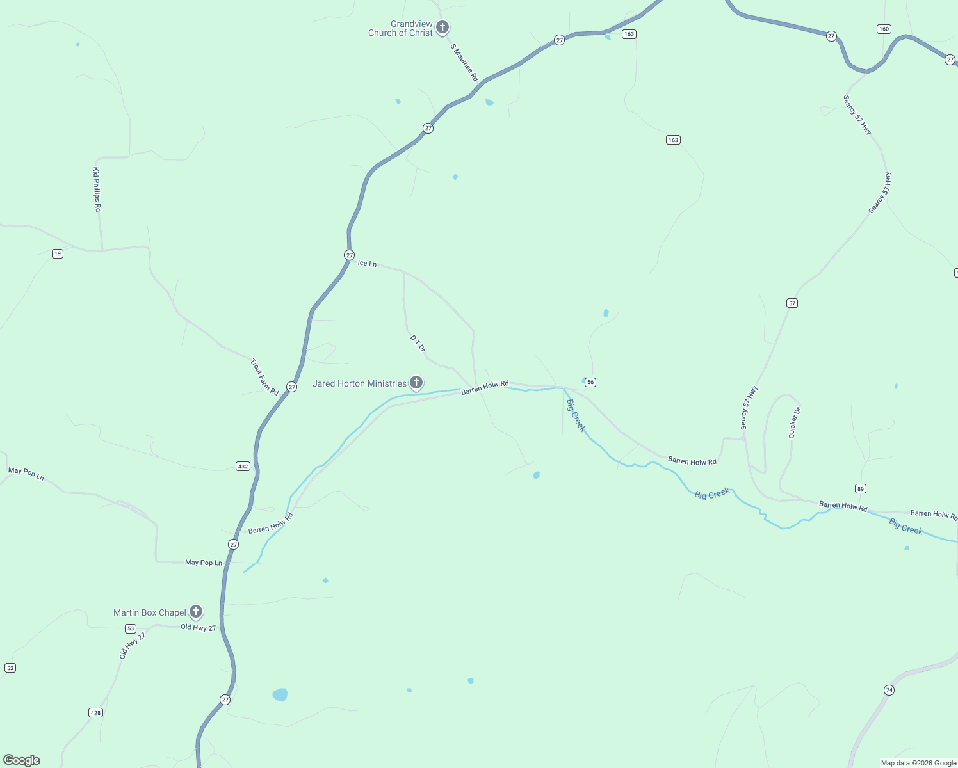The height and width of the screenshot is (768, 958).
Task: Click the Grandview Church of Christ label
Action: click(x=400, y=29)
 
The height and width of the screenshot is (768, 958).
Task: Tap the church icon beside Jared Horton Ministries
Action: click(x=416, y=383)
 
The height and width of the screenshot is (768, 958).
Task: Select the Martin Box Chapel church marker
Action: click(x=196, y=612)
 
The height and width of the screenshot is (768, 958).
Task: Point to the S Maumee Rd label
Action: click(x=464, y=62)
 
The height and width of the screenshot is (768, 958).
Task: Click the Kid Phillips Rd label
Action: click(x=97, y=189)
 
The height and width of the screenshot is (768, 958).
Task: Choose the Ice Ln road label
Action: click(x=367, y=263)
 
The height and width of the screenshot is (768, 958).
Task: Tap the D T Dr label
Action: click(x=418, y=343)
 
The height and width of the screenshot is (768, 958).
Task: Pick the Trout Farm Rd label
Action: click(x=264, y=377)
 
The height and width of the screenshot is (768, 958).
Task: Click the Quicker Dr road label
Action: click(x=794, y=423)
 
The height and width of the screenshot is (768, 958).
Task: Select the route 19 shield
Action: click(x=58, y=254)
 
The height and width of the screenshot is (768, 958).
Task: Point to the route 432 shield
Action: click(x=243, y=467)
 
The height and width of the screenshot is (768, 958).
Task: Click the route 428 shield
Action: click(x=95, y=713)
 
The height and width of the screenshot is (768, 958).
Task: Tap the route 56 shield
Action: click(x=590, y=382)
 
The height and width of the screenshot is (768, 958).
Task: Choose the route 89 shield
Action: click(x=861, y=489)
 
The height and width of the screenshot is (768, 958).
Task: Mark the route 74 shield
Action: click(x=889, y=690)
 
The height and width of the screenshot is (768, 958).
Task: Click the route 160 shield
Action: click(x=884, y=29)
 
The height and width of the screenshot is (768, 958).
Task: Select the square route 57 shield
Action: click(x=792, y=303)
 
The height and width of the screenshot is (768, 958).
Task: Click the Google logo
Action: click(x=22, y=760)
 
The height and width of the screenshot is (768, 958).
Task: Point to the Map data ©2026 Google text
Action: click(x=918, y=763)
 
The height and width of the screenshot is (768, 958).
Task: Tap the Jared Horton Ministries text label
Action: click(x=359, y=383)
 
